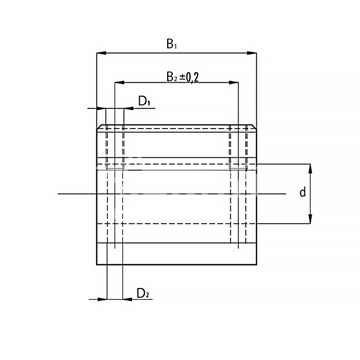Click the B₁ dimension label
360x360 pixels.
click(171, 44)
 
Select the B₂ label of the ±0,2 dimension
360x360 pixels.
click(172, 77)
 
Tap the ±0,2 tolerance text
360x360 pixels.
click(189, 77)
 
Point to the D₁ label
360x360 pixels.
click(144, 101)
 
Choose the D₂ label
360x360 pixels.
click(143, 293)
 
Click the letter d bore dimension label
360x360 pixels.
click(303, 192)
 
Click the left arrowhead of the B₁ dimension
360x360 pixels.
click(101, 53)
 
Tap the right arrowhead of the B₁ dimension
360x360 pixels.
click(252, 53)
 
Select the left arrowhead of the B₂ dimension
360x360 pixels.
click(119, 82)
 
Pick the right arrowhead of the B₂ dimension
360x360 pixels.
click(233, 82)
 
